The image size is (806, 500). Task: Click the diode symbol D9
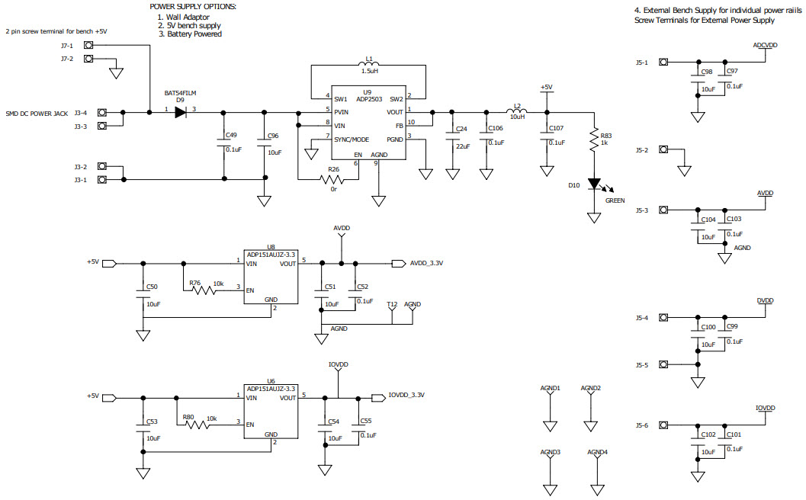[180, 112]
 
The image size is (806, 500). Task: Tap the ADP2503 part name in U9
[368, 99]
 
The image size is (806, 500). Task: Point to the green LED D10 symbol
[594, 185]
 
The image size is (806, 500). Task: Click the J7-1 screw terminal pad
[88, 46]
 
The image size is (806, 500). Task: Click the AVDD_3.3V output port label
[426, 263]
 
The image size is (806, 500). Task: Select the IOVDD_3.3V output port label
[406, 396]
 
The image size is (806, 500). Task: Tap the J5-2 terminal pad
[664, 151]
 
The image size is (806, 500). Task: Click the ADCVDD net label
[764, 46]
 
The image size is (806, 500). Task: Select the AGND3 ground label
[551, 452]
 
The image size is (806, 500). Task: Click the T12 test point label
[391, 304]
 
